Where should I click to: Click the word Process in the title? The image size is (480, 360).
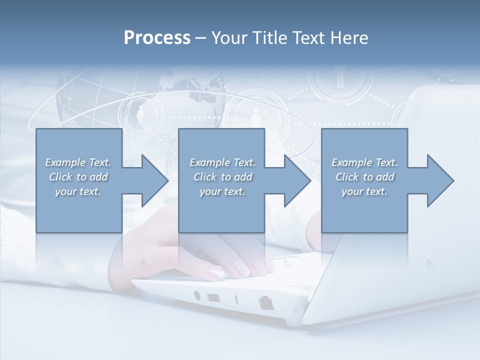pyautogui.click(x=157, y=38)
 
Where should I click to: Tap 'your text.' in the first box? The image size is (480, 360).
pyautogui.click(x=78, y=191)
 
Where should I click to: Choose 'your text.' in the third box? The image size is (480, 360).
pyautogui.click(x=364, y=191)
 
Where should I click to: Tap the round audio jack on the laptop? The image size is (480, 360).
pyautogui.click(x=196, y=295)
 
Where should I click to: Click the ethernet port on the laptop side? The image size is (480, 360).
pyautogui.click(x=265, y=302)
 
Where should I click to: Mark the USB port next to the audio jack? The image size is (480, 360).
pyautogui.click(x=213, y=298)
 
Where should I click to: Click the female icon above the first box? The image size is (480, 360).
pyautogui.click(x=140, y=116)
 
